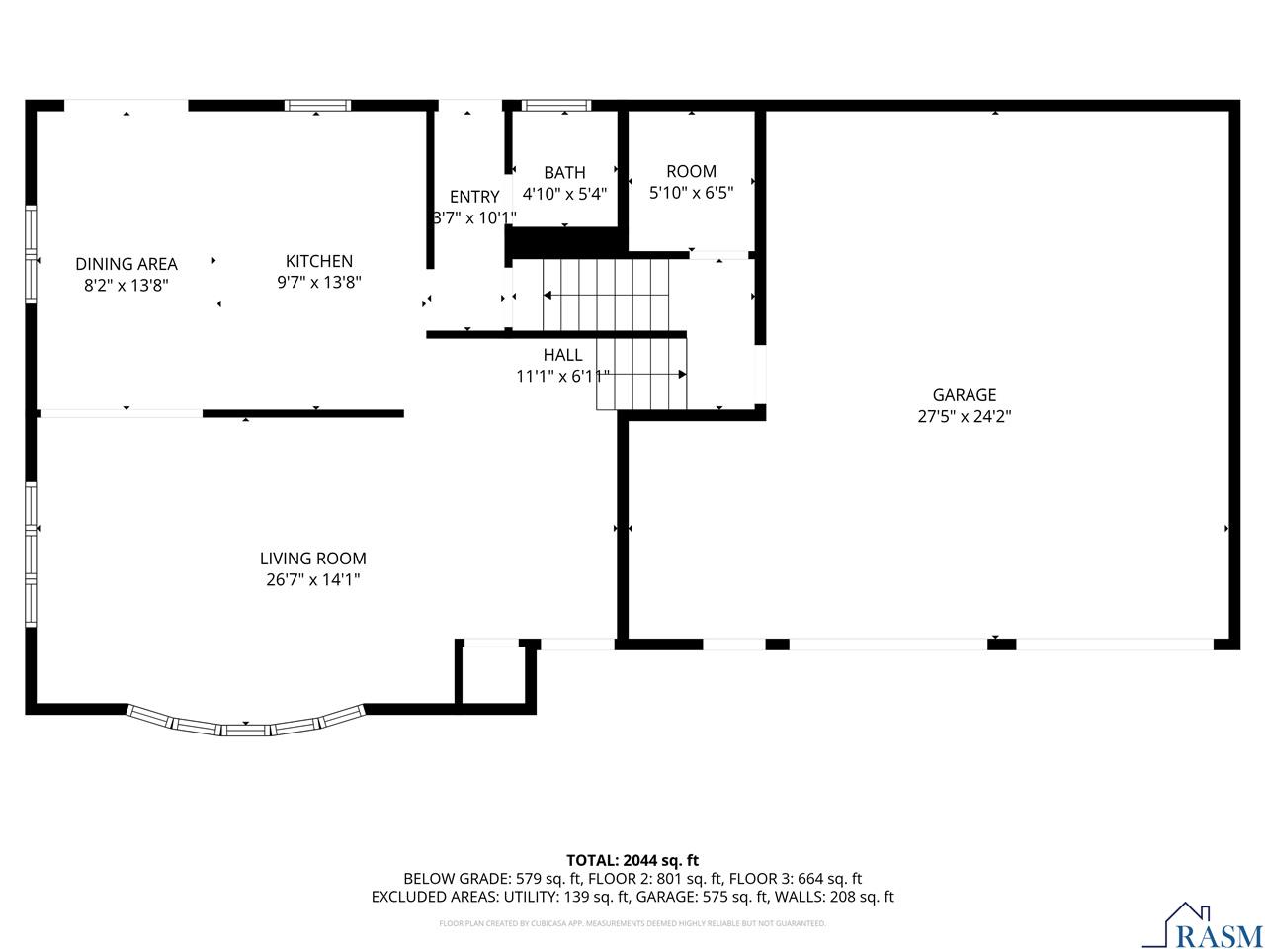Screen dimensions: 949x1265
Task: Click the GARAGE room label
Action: [x=965, y=395]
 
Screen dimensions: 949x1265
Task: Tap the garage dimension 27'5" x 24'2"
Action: [x=965, y=417]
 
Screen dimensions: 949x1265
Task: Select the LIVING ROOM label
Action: [x=312, y=559]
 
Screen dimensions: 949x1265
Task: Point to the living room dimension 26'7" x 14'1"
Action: [x=312, y=580]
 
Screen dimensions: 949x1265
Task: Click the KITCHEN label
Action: [x=318, y=261]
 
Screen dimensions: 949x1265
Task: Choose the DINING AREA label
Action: [x=126, y=264]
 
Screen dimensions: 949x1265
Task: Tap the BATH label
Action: [x=564, y=173]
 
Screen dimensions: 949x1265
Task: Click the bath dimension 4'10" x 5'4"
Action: [x=564, y=195]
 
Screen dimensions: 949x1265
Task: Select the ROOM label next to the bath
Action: [x=691, y=171]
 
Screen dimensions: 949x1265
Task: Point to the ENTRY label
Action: [x=474, y=197]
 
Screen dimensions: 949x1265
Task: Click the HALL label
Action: [x=562, y=355]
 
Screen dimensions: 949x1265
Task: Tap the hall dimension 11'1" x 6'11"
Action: [x=562, y=376]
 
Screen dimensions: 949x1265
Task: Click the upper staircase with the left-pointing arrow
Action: [x=605, y=295]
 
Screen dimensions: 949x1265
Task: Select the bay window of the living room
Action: [x=245, y=725]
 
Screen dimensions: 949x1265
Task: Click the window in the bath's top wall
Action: [x=555, y=105]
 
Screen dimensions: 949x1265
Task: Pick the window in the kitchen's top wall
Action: [x=317, y=105]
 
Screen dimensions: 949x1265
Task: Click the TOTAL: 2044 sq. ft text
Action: [x=632, y=860]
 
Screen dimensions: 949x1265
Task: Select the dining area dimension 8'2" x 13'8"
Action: [x=126, y=286]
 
